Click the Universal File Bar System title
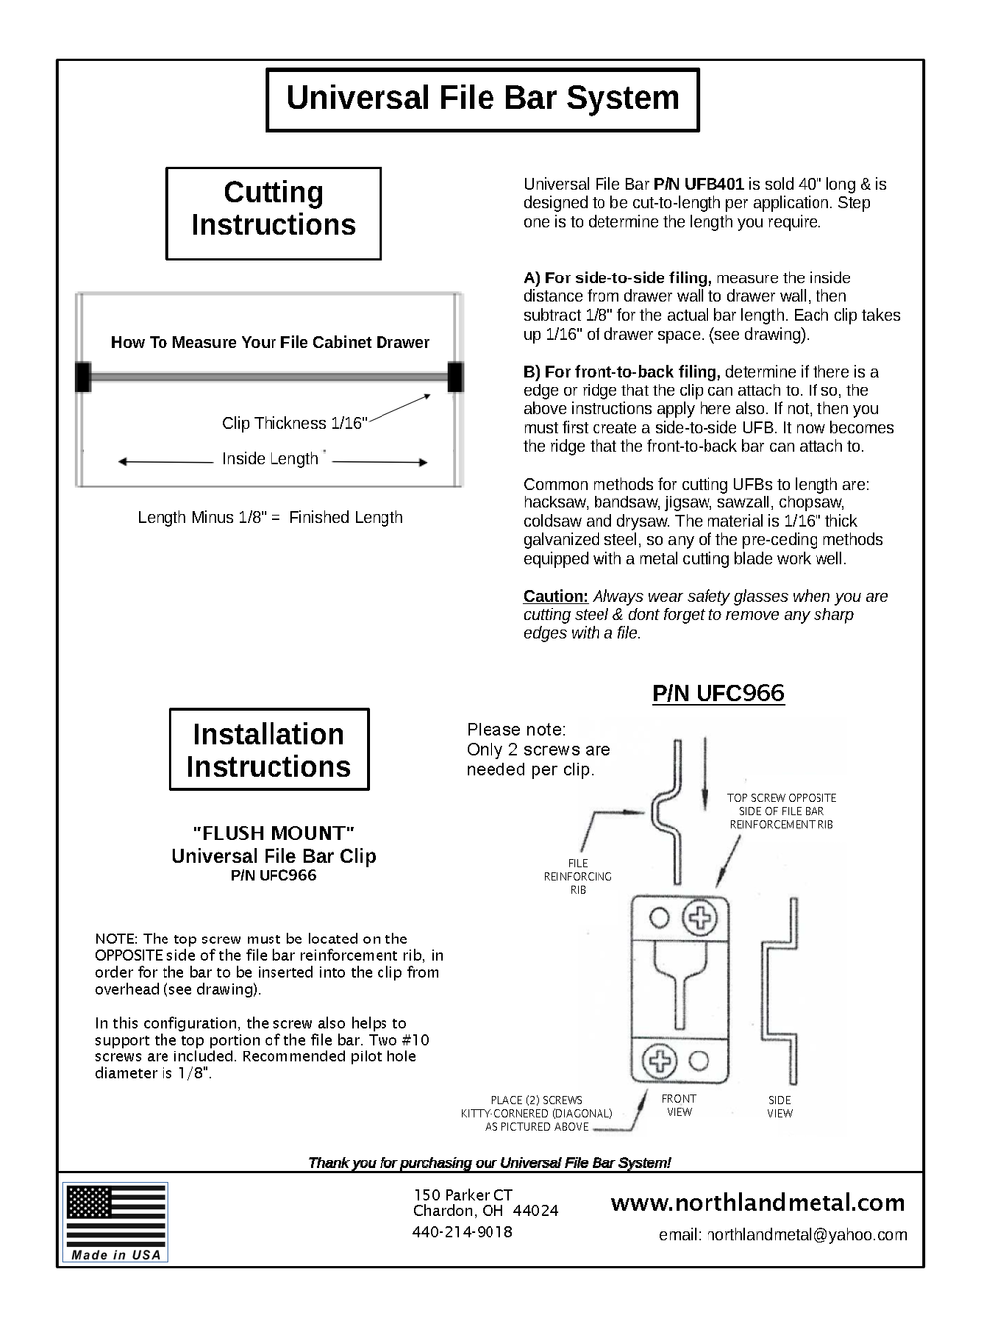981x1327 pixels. point(483,99)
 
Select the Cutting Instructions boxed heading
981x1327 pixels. point(273,209)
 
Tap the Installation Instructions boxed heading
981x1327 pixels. point(269,750)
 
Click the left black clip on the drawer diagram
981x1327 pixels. point(83,377)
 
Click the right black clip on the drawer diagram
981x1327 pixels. point(455,377)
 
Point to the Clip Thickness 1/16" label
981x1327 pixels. point(294,423)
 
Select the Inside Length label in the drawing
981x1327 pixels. point(270,459)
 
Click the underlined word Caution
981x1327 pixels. point(555,596)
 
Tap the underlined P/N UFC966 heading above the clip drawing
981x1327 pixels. point(717,693)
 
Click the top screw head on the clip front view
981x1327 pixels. point(702,917)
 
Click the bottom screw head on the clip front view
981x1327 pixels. point(659,1061)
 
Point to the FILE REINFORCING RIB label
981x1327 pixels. point(578,877)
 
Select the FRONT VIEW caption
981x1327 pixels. point(679,1105)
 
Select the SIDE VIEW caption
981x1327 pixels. point(780,1107)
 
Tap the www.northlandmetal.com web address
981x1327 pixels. point(757,1203)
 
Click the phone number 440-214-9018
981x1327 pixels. point(463,1232)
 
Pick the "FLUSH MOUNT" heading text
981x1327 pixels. point(272,833)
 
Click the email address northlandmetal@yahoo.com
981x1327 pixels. point(783,1235)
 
